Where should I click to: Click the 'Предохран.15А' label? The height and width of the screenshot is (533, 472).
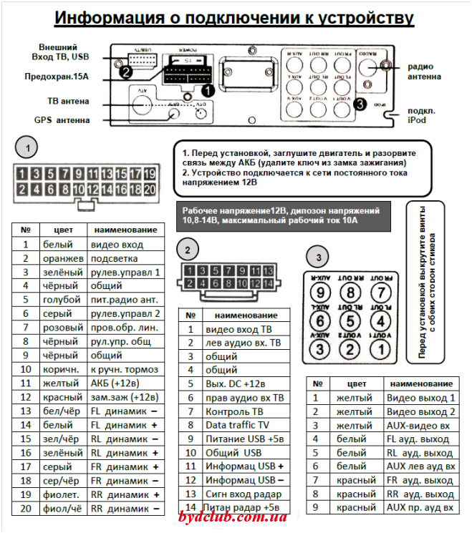[x=55, y=74]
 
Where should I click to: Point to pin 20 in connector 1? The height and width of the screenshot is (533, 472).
[x=149, y=190]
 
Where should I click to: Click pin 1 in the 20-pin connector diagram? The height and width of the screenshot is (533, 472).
[x=23, y=173]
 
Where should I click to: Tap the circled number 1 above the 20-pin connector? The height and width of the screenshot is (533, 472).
[x=27, y=149]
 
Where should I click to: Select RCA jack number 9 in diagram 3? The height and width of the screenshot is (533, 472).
[x=322, y=293]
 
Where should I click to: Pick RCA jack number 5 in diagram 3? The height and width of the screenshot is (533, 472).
[x=350, y=321]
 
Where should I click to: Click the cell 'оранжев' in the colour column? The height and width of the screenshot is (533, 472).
[x=59, y=258]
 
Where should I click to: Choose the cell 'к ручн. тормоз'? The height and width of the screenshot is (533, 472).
[x=122, y=370]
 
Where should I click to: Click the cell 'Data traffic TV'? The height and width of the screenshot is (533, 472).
[x=238, y=424]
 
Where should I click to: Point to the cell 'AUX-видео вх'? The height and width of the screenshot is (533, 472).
[x=419, y=425]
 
